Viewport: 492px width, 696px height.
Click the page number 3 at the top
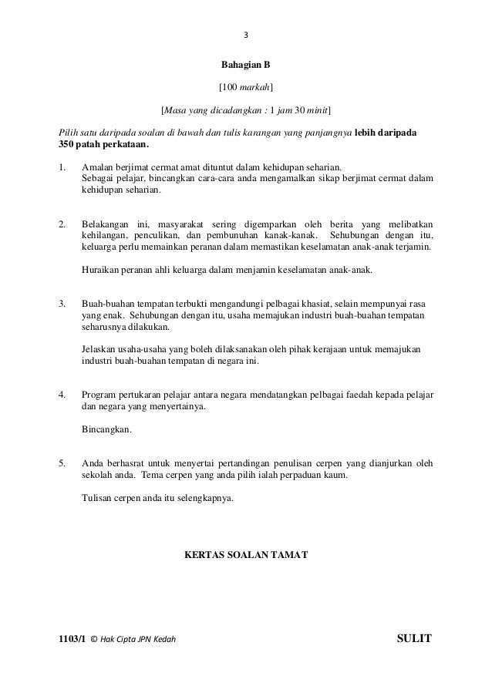tap(246, 35)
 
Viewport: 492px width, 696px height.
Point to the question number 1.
tap(61, 166)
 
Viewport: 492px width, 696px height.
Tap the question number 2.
tap(61, 224)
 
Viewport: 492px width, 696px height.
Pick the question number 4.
tap(61, 395)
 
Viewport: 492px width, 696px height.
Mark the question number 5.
tap(61, 463)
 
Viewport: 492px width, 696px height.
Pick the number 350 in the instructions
tap(68, 143)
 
